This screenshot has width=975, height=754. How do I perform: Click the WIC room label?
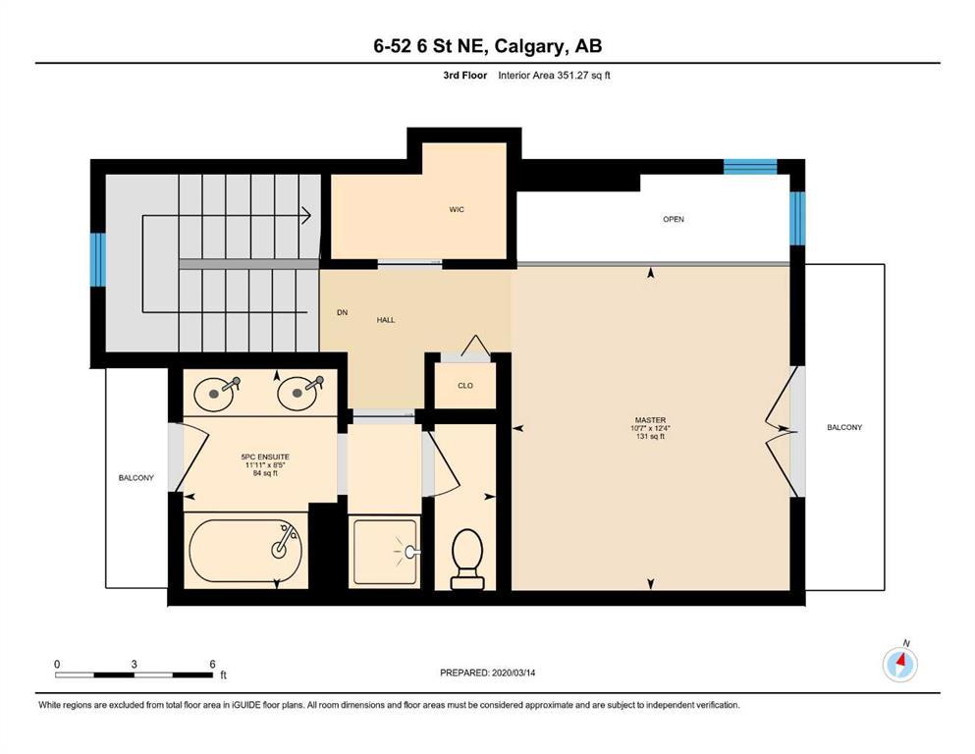pyautogui.click(x=457, y=209)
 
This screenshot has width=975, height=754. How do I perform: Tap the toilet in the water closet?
pyautogui.click(x=467, y=559)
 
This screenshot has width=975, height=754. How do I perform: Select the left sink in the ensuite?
pyautogui.click(x=214, y=394)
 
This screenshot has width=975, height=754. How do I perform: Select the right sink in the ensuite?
pyautogui.click(x=298, y=393)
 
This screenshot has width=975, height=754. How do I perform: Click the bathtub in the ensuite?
pyautogui.click(x=245, y=551)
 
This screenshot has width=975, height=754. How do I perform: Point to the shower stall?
pyautogui.click(x=385, y=552)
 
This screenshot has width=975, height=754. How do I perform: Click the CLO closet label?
pyautogui.click(x=465, y=386)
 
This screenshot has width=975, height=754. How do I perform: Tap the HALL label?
pyautogui.click(x=386, y=320)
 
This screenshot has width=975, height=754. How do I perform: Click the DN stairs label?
pyautogui.click(x=342, y=312)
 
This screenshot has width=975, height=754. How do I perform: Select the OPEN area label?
pyautogui.click(x=674, y=219)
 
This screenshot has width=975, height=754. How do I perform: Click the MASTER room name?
pyautogui.click(x=650, y=420)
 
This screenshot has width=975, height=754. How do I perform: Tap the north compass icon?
pyautogui.click(x=900, y=664)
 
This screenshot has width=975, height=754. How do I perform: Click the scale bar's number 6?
pyautogui.click(x=212, y=664)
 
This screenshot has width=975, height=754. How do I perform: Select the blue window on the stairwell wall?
pyautogui.click(x=97, y=259)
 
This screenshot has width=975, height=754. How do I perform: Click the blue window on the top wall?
pyautogui.click(x=750, y=167)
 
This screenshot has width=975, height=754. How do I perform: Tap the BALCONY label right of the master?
pyautogui.click(x=844, y=428)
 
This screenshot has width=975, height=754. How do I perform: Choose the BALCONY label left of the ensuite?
pyautogui.click(x=136, y=478)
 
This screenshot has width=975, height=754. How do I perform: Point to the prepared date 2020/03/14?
pyautogui.click(x=514, y=673)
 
